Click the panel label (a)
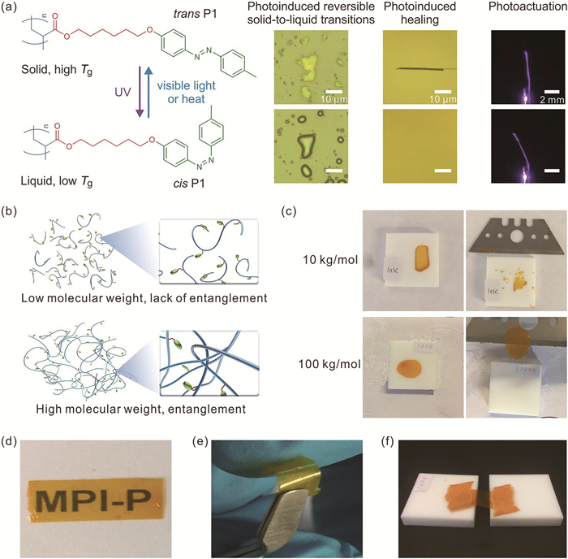(x=11, y=10)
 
